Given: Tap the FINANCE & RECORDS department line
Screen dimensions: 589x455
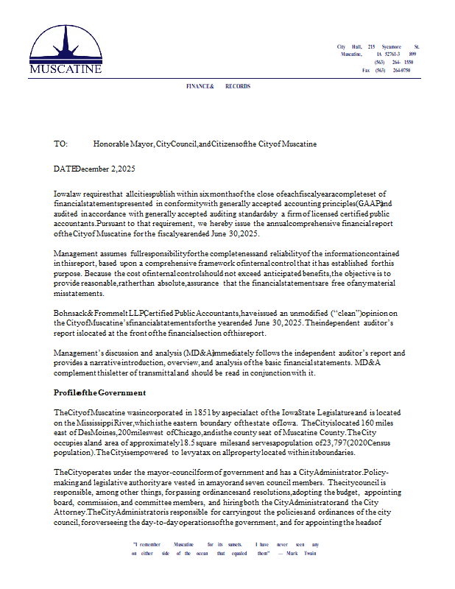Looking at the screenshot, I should pyautogui.click(x=218, y=87).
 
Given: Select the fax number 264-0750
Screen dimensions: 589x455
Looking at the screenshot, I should pyautogui.click(x=401, y=70).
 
